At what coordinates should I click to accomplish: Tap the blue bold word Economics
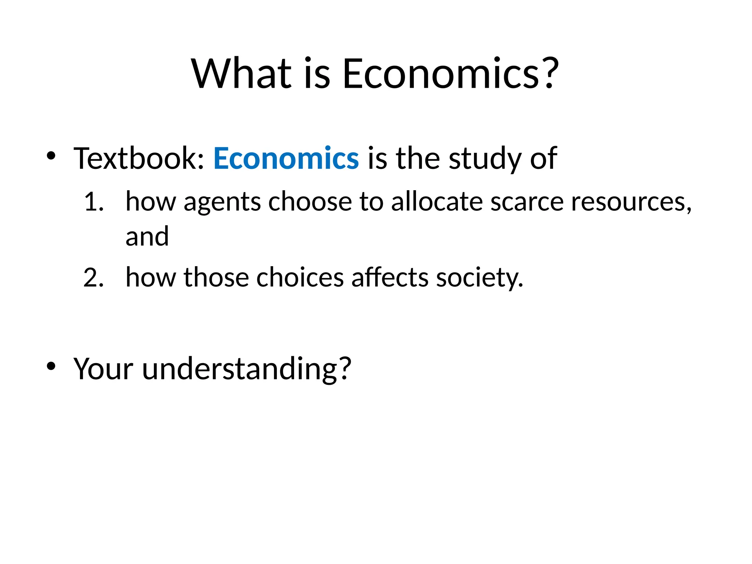[x=286, y=158]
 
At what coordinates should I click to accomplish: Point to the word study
[x=485, y=159]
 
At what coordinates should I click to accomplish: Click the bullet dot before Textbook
[x=51, y=156]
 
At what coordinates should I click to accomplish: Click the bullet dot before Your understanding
[x=51, y=366]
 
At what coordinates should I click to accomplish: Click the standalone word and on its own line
[x=147, y=236]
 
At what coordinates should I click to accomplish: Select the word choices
[x=300, y=277]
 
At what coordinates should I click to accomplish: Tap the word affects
[x=390, y=277]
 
